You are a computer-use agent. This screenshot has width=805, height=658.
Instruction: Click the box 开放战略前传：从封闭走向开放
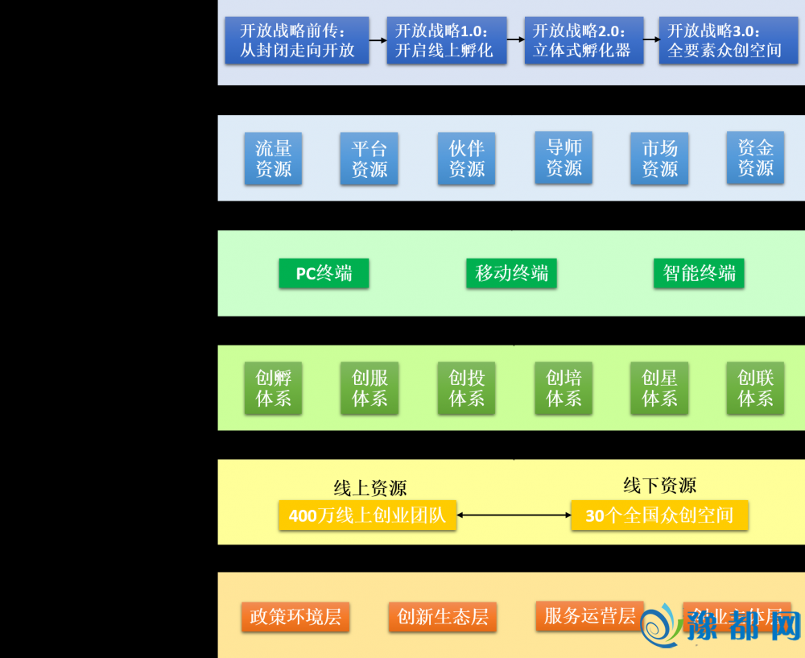(x=297, y=41)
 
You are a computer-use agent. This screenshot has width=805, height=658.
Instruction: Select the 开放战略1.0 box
(x=444, y=41)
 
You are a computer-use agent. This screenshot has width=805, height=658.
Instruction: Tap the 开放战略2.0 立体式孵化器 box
(x=584, y=41)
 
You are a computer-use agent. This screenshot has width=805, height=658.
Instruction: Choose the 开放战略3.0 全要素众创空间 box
(x=724, y=41)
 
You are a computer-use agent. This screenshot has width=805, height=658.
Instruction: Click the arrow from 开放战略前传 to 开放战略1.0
(x=378, y=39)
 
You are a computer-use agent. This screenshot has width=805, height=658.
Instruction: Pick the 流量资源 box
(x=273, y=159)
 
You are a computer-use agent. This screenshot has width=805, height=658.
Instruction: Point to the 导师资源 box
(x=563, y=158)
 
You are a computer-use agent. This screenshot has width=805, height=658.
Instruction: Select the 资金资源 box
(x=755, y=158)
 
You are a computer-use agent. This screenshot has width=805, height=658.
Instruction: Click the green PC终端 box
(x=324, y=274)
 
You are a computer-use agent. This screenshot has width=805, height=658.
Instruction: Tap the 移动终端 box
(x=511, y=274)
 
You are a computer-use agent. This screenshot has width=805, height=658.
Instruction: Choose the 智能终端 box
(x=699, y=274)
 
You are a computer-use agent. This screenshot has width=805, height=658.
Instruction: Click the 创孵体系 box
(x=273, y=388)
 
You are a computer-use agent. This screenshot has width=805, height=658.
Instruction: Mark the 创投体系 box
(x=466, y=388)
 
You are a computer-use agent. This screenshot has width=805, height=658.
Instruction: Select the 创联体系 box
(x=755, y=388)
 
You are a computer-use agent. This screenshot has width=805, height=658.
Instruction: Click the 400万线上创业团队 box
(x=367, y=515)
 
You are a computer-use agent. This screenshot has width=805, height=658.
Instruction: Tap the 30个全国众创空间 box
(x=659, y=515)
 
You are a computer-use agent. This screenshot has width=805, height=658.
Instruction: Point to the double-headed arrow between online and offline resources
(x=514, y=515)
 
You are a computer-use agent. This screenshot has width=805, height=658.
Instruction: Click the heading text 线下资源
(x=659, y=486)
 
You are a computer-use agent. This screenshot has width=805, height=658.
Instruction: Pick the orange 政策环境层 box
(x=295, y=617)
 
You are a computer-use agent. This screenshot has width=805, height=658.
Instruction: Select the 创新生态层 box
(x=443, y=617)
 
